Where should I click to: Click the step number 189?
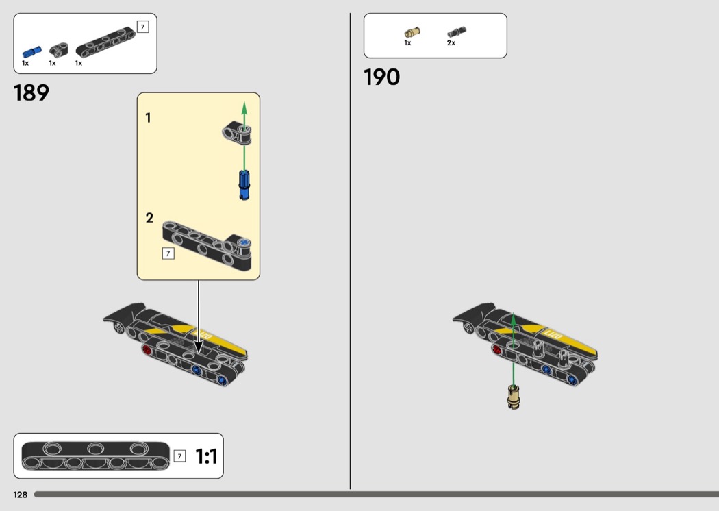tap(31, 92)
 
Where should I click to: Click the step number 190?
tap(381, 77)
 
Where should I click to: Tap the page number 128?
tap(20, 495)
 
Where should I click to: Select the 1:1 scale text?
tap(206, 456)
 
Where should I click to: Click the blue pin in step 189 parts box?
tap(31, 52)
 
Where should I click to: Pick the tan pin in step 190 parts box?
tap(412, 32)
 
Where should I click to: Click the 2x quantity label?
tap(451, 42)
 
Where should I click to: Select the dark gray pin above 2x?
tap(456, 32)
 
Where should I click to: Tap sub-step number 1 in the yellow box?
tap(148, 118)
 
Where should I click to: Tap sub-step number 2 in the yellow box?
tap(149, 217)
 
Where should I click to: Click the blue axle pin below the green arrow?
tap(244, 185)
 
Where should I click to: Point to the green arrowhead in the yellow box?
tap(244, 108)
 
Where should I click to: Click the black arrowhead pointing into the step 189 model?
tap(199, 347)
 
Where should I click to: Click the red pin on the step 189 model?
tap(147, 351)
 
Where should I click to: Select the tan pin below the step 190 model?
tap(514, 397)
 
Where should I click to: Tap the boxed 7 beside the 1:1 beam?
tap(179, 456)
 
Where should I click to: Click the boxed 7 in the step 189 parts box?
tap(142, 27)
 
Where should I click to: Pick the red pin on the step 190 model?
tap(496, 350)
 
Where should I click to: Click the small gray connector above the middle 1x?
tap(59, 49)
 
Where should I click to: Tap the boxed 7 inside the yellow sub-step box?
tap(168, 253)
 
